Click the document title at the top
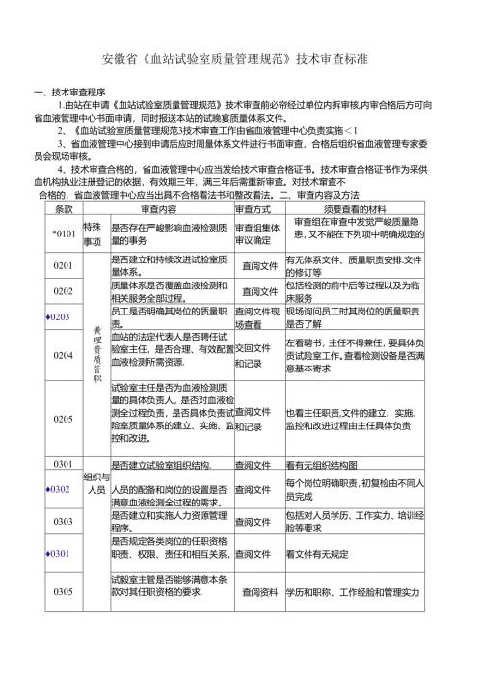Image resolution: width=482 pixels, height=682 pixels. click(x=241, y=59)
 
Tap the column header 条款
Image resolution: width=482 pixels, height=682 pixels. click(x=64, y=209)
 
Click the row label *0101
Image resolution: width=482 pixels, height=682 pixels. click(x=64, y=232)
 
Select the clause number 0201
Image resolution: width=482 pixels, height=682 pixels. click(x=64, y=265)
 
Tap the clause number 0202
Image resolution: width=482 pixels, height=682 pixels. click(x=64, y=291)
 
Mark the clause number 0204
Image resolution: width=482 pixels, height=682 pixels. click(x=64, y=355)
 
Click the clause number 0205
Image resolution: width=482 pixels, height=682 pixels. click(x=64, y=419)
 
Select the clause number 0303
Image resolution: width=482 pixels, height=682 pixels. click(x=64, y=522)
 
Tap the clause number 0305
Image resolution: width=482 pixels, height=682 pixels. click(x=64, y=590)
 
